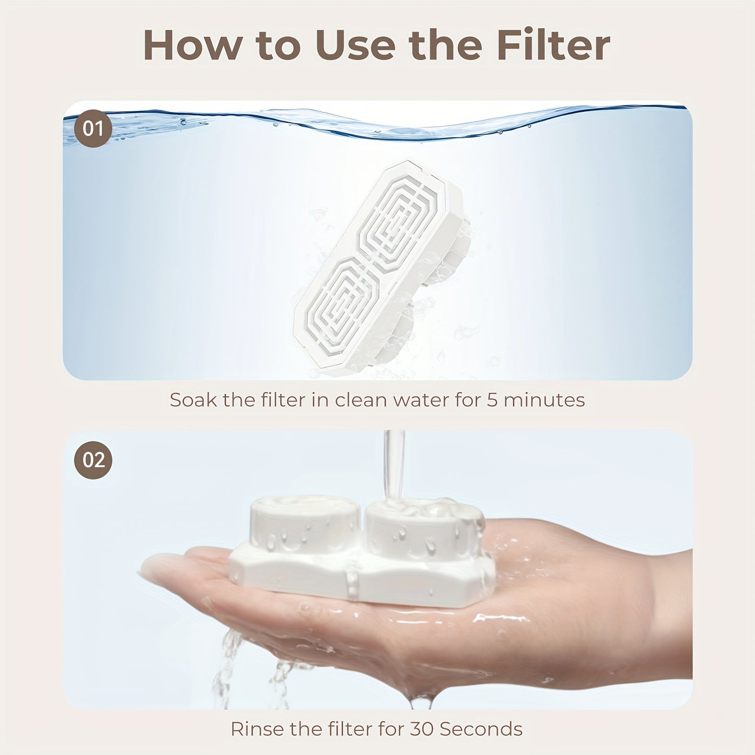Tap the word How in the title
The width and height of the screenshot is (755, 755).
pyautogui.click(x=192, y=45)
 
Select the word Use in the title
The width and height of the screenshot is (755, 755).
pyautogui.click(x=355, y=45)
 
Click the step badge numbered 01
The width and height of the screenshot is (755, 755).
pyautogui.click(x=93, y=129)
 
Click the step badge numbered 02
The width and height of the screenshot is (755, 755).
pyautogui.click(x=93, y=460)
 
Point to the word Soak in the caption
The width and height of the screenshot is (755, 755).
pyautogui.click(x=193, y=400)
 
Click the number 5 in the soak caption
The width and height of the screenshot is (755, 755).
pyautogui.click(x=492, y=400)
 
